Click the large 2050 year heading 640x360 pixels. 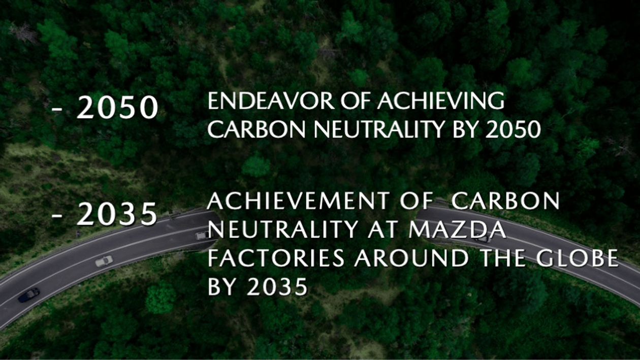click(117, 108)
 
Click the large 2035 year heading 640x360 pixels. click(117, 214)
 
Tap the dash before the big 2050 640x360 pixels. click(57, 109)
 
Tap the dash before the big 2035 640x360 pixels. click(57, 215)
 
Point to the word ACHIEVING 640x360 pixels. click(441, 101)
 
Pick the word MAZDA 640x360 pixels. click(458, 230)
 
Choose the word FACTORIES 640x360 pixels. click(276, 258)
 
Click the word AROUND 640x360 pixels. click(411, 258)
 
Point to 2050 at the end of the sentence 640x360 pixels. click(513, 129)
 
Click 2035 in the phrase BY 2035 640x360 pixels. click(277, 286)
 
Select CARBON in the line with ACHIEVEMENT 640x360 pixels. click(506, 201)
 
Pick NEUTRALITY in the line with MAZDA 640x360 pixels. click(283, 230)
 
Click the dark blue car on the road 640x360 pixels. click(28, 295)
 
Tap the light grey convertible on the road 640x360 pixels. click(104, 261)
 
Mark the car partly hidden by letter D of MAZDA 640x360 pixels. click(483, 238)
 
